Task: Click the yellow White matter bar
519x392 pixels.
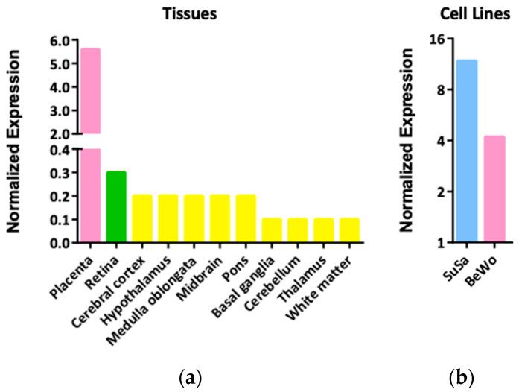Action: (350, 230)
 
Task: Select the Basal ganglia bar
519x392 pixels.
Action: (272, 230)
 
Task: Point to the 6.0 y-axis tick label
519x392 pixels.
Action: (59, 39)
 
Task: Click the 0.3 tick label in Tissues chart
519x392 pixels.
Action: (59, 172)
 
